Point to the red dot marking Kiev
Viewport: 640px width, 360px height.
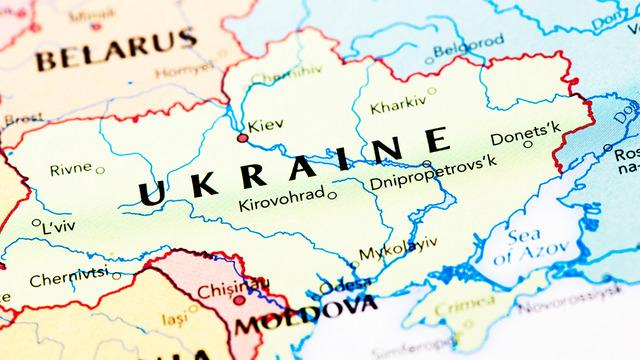(242, 137)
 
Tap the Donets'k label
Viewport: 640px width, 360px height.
(526, 132)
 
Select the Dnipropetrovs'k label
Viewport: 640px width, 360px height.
(432, 182)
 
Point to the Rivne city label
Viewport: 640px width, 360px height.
(70, 169)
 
